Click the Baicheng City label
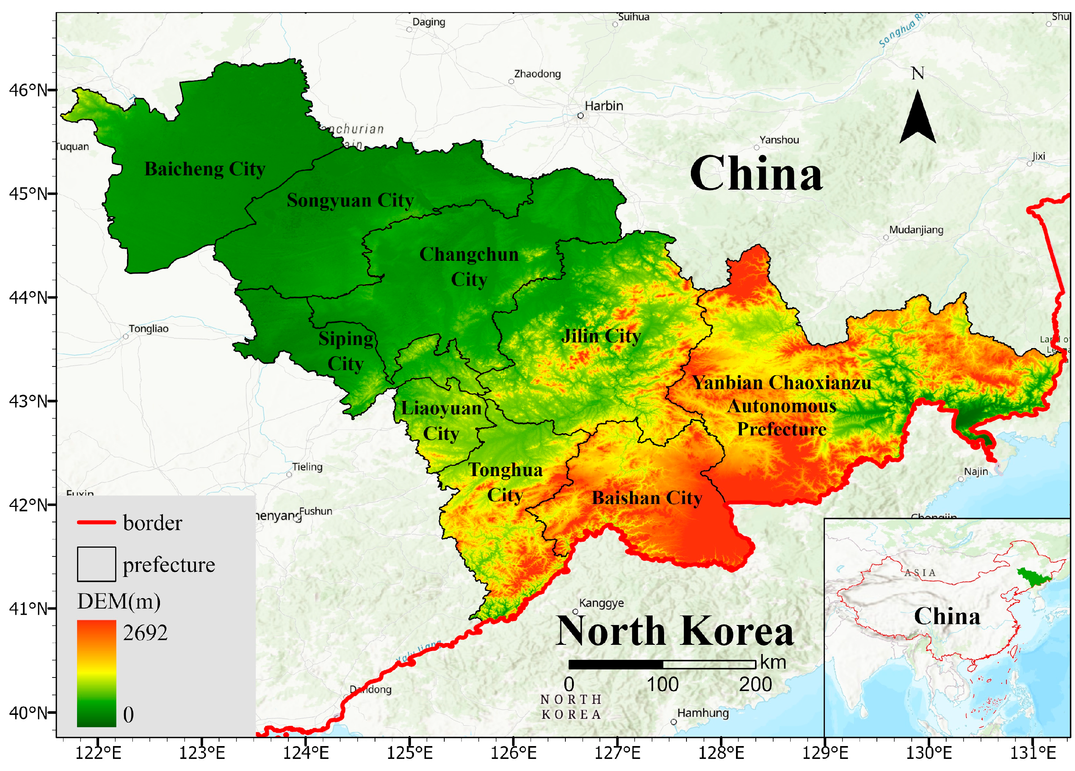(205, 169)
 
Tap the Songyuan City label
(350, 200)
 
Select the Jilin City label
(601, 336)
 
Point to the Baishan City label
(647, 498)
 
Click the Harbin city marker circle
(580, 116)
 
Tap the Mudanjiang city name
(916, 230)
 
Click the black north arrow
(918, 118)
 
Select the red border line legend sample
(96, 522)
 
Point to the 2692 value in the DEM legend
(145, 633)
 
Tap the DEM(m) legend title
(119, 601)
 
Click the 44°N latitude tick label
(29, 297)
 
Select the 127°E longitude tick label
(617, 753)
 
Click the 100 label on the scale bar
(662, 685)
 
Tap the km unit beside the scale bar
(773, 662)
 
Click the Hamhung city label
(703, 713)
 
